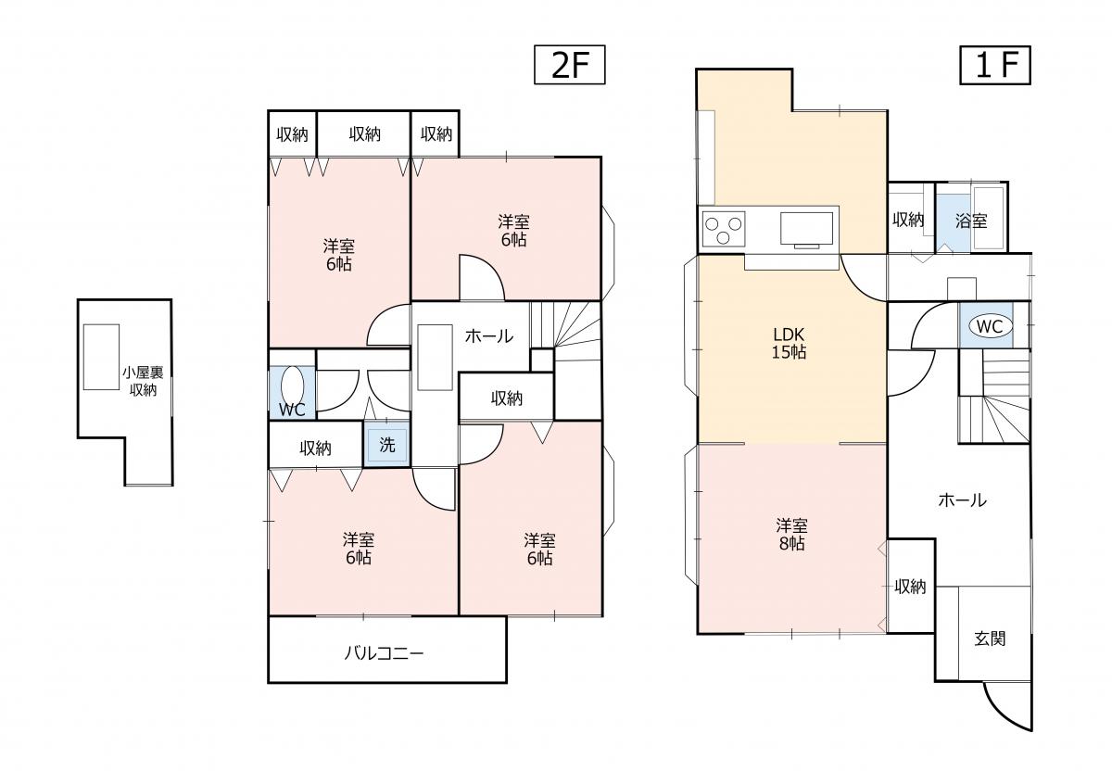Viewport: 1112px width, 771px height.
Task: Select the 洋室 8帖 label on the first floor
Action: (x=791, y=535)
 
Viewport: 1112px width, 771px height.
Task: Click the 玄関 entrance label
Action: (x=990, y=638)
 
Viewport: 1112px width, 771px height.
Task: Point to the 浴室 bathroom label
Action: (x=971, y=221)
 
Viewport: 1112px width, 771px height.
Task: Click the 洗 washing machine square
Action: (x=386, y=445)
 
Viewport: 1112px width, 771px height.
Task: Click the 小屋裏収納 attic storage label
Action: (x=143, y=381)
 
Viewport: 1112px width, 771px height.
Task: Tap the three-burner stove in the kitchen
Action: (x=725, y=227)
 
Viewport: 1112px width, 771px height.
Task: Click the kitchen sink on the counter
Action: (x=807, y=228)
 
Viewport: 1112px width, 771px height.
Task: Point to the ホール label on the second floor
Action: (x=488, y=336)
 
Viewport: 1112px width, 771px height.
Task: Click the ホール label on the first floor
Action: (x=962, y=500)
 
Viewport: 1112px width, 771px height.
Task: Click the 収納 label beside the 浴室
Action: (x=908, y=220)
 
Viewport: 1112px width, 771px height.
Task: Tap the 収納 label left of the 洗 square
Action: (x=315, y=449)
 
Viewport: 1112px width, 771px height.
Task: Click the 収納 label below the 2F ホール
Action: (x=506, y=398)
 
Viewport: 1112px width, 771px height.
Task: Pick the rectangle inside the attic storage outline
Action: (x=101, y=357)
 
